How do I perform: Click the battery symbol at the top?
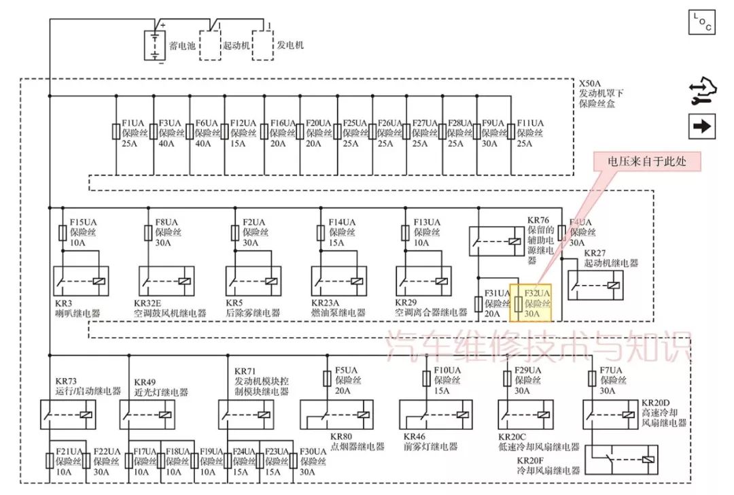click(156, 44)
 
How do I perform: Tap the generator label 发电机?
click(290, 45)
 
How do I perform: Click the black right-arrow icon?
click(702, 126)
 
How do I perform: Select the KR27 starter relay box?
click(596, 286)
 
